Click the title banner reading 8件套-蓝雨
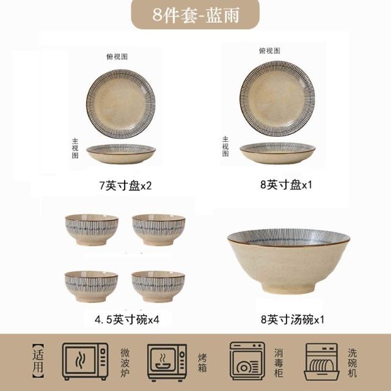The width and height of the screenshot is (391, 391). click(x=195, y=15)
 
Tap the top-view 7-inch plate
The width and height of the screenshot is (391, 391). click(x=121, y=104)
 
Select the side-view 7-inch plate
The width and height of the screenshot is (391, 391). click(x=121, y=154)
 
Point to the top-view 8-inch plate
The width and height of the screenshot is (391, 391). click(x=277, y=98)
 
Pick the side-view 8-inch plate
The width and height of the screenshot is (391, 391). click(x=277, y=153)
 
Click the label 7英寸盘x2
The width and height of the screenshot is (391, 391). click(x=125, y=186)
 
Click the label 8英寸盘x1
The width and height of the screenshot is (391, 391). click(x=286, y=185)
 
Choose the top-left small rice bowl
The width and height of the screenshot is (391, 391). click(x=92, y=230)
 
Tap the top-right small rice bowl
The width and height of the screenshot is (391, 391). click(x=158, y=230)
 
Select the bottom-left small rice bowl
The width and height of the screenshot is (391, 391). click(x=91, y=287)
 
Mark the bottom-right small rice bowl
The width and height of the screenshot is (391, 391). click(x=158, y=287)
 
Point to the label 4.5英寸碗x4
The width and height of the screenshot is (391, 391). click(x=127, y=320)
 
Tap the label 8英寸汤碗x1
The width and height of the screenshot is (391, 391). click(x=293, y=320)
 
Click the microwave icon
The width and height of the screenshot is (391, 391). click(x=85, y=361)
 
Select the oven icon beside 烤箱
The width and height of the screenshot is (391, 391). click(x=167, y=363)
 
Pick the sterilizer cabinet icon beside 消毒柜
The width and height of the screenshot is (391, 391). click(x=247, y=361)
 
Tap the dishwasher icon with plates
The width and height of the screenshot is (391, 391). click(x=322, y=362)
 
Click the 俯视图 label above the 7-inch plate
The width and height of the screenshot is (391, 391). click(x=117, y=57)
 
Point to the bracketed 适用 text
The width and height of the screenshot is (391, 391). click(x=38, y=361)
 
